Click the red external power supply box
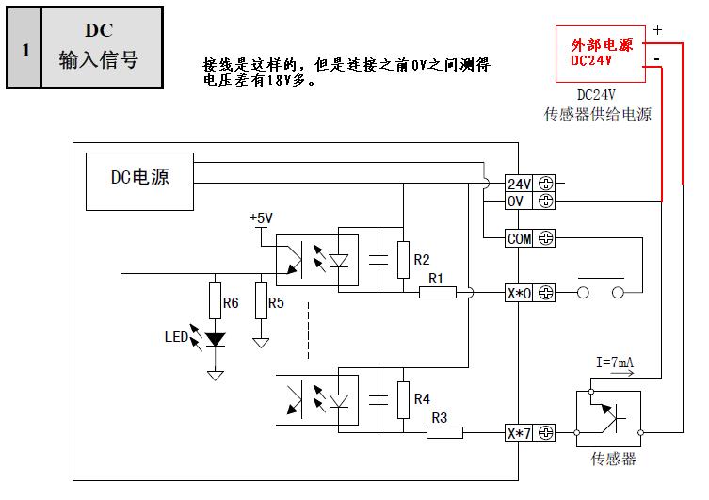click(601, 52)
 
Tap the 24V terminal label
click(520, 184)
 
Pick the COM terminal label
click(520, 239)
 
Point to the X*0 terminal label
click(520, 293)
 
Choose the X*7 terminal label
click(520, 433)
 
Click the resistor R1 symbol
click(437, 293)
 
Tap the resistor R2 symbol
click(403, 259)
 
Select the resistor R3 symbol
click(444, 432)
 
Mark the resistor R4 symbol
click(403, 399)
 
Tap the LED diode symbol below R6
click(216, 339)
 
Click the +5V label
click(261, 218)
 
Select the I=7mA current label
click(614, 362)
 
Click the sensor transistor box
click(607, 418)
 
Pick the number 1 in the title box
click(25, 49)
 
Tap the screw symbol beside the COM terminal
click(545, 239)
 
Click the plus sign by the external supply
click(657, 30)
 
